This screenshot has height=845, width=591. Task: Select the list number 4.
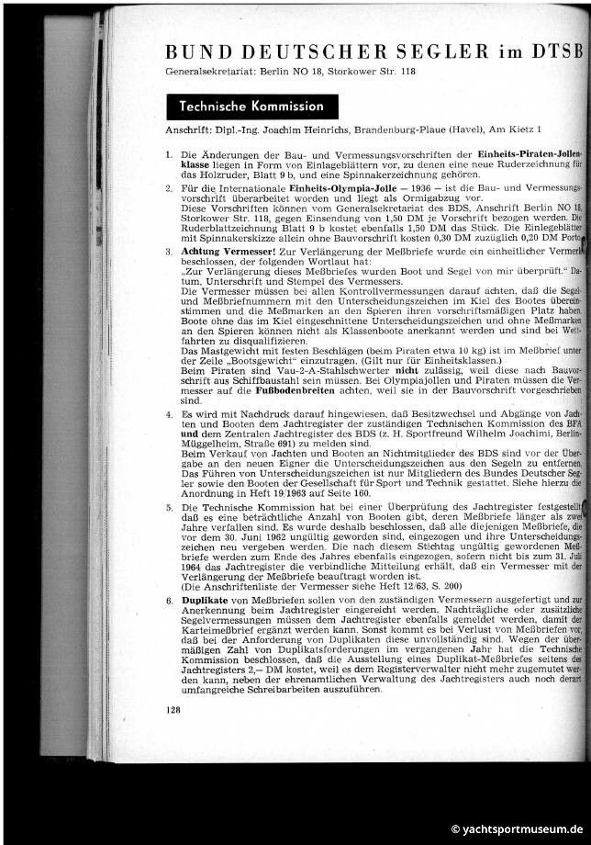pyautogui.click(x=170, y=415)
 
